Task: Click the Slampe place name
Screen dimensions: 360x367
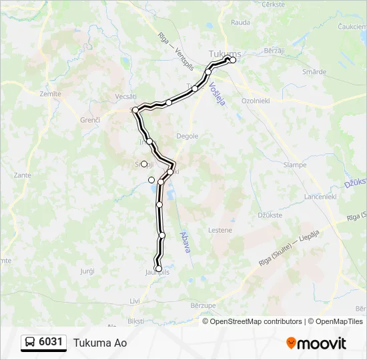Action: click(x=295, y=165)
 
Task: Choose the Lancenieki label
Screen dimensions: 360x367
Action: click(x=321, y=197)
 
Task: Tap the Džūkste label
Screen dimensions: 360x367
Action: click(x=269, y=215)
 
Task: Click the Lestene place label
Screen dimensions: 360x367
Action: click(x=220, y=230)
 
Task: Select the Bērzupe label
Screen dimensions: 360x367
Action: click(x=203, y=305)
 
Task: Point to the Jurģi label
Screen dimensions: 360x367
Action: click(x=87, y=271)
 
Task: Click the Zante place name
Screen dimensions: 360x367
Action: click(x=22, y=175)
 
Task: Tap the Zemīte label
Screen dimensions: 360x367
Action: click(x=50, y=94)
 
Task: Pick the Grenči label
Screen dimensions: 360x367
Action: click(x=89, y=119)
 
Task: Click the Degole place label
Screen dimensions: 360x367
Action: click(x=188, y=136)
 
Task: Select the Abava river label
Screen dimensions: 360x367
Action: click(x=186, y=241)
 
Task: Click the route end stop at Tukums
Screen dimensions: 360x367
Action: click(x=233, y=60)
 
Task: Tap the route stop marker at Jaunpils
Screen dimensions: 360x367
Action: click(x=159, y=269)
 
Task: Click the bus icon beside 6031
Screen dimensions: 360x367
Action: click(x=31, y=343)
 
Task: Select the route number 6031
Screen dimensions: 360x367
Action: click(x=51, y=343)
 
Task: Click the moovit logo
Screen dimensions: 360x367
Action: click(x=316, y=343)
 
